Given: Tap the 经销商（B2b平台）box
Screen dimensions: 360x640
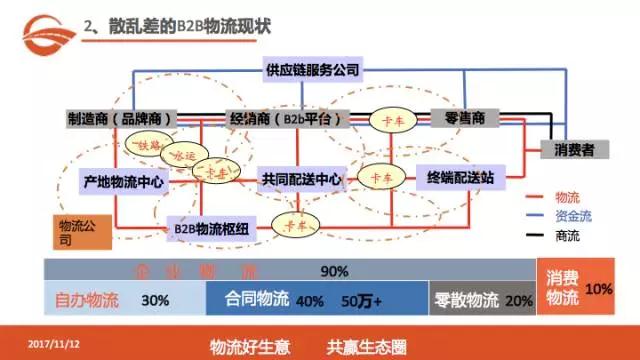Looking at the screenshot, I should coord(286,119).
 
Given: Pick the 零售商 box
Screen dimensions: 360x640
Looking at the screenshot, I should coord(465,118).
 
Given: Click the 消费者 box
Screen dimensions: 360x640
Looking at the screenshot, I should coord(574,149).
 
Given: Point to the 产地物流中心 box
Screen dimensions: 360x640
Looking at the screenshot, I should coord(122,182).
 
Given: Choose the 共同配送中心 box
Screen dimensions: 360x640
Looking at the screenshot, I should coord(301,180).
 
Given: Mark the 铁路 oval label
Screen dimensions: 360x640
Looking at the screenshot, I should coord(149,145).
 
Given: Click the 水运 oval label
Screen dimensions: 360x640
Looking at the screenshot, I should coord(187,157).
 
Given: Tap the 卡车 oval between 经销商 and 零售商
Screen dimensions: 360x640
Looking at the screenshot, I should coord(386,119).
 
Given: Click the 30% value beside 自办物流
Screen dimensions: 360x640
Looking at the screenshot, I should coord(155,299).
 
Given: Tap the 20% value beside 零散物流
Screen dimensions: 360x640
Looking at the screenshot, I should coord(519,299).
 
